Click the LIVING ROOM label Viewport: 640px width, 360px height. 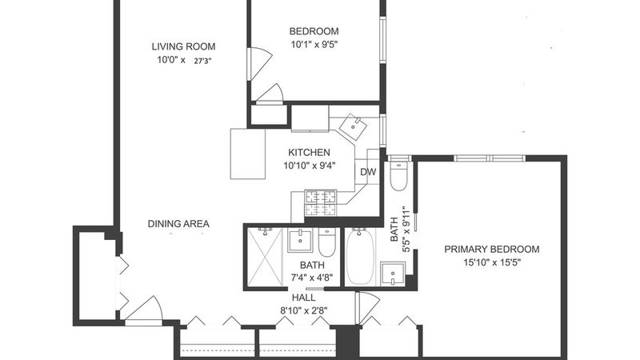click(183, 46)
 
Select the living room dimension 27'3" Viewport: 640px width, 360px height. click(202, 62)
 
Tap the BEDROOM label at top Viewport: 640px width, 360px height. click(314, 31)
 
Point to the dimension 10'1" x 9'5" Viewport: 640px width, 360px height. click(314, 45)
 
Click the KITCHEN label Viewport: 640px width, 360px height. click(309, 153)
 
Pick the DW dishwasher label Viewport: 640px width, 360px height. click(368, 172)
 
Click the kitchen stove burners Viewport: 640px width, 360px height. click(321, 203)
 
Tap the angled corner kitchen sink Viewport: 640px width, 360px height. click(352, 126)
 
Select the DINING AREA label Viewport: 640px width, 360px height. click(178, 224)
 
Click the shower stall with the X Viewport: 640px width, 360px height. click(266, 257)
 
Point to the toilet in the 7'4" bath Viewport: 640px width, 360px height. click(326, 243)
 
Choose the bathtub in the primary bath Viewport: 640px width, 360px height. click(360, 257)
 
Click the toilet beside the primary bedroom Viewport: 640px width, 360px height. click(398, 176)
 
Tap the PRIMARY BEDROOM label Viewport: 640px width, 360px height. click(491, 250)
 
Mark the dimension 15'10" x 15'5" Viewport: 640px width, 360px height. click(491, 262)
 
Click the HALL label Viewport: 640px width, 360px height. click(303, 298)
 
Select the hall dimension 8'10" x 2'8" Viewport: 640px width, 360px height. click(303, 310)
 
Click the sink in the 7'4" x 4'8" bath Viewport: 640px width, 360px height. click(301, 241)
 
